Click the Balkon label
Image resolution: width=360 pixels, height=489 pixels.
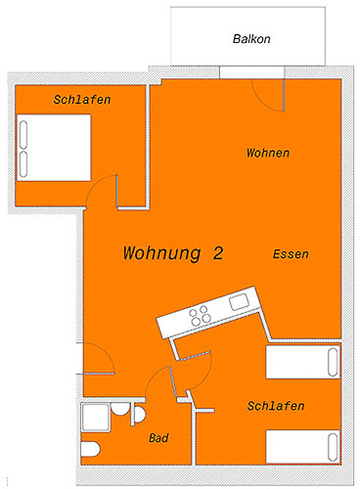(251, 39)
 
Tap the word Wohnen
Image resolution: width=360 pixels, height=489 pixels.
(268, 153)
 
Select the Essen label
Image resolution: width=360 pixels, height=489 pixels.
(291, 254)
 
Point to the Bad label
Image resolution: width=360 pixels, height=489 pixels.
(158, 438)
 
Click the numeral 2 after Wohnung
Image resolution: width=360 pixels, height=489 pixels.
(218, 253)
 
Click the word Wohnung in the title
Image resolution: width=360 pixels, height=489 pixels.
(162, 253)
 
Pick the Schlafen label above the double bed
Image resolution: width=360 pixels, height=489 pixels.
(82, 100)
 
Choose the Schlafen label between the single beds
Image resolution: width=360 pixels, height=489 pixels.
(276, 406)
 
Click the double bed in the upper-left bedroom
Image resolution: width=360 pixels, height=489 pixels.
(54, 148)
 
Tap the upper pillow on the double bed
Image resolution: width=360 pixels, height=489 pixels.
(23, 135)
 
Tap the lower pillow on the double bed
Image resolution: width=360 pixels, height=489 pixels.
(23, 164)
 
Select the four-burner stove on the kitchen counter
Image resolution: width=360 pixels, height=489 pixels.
(201, 316)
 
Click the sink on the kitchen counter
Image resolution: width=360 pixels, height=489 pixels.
(240, 302)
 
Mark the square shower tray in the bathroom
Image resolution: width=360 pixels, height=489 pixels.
(95, 418)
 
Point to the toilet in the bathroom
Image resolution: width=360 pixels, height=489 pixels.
(90, 449)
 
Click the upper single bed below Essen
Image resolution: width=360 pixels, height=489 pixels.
(303, 362)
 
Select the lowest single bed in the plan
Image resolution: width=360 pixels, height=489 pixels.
(303, 447)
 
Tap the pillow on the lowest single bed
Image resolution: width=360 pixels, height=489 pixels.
(333, 447)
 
